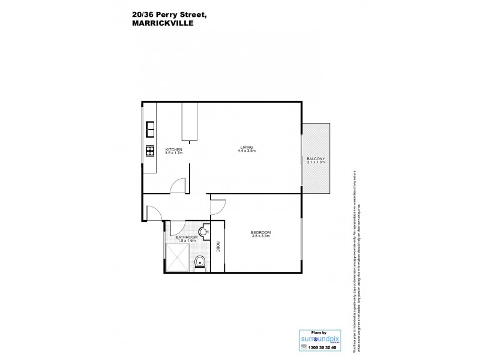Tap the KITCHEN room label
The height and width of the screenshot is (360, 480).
(x=173, y=149)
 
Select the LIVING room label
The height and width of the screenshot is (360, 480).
(x=247, y=147)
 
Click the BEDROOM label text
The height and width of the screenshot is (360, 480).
(x=261, y=233)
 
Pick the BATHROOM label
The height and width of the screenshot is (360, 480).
(x=187, y=238)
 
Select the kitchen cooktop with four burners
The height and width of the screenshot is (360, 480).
(x=149, y=150)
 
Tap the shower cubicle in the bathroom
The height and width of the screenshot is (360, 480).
(x=178, y=259)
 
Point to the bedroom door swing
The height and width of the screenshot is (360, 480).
(x=217, y=205)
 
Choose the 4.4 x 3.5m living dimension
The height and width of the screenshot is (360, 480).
(x=247, y=151)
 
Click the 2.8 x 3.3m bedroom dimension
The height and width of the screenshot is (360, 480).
(x=261, y=237)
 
